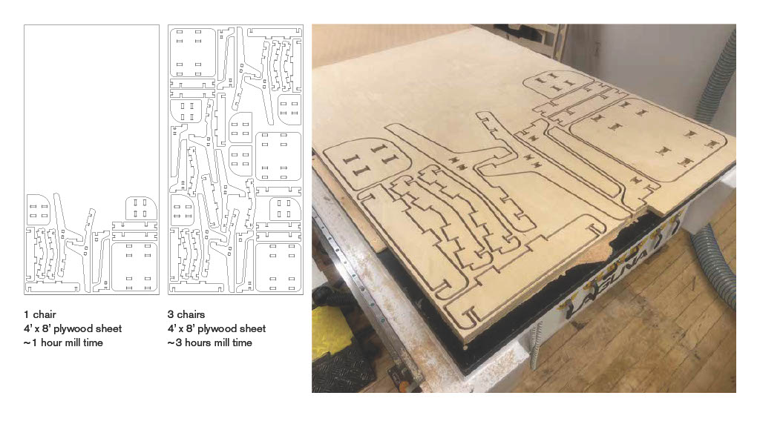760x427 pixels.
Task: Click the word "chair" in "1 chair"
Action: coord(45,314)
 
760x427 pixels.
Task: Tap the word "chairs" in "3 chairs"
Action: coord(190,314)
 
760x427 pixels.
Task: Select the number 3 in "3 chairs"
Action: coord(171,314)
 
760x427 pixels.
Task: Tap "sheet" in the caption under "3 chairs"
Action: coord(253,328)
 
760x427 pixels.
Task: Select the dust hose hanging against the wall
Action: coord(718,77)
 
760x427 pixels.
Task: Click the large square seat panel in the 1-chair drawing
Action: coord(134,267)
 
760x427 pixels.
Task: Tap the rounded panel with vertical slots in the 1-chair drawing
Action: coord(141,208)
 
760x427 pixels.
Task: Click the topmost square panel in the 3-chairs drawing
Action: coord(192,53)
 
